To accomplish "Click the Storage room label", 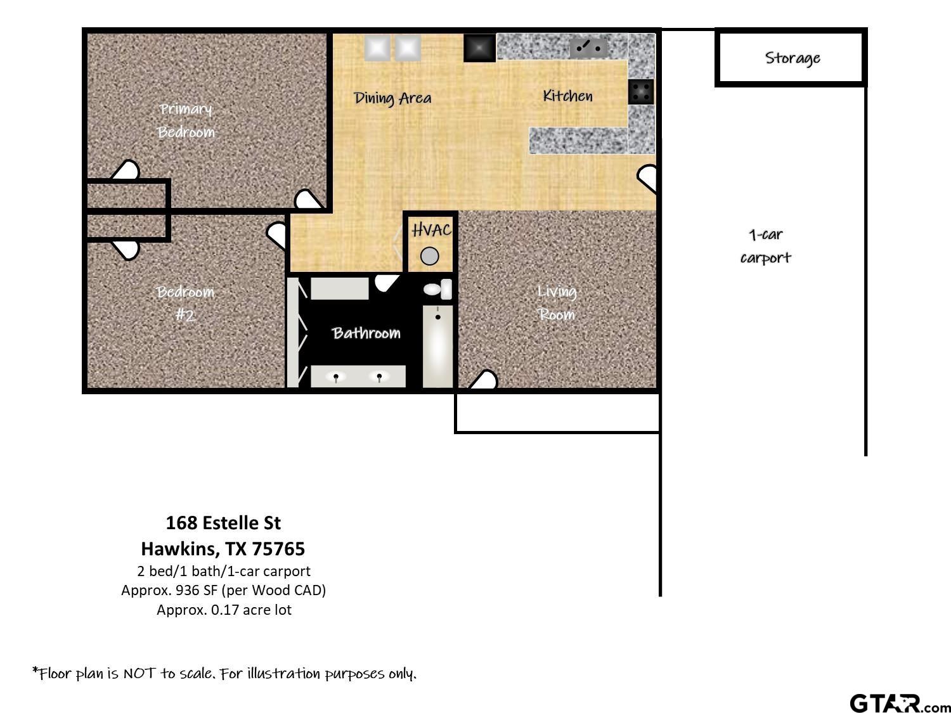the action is (792, 58).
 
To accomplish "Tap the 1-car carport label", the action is (766, 247).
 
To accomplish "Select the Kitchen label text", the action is (567, 96).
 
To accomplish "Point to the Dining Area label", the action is (392, 98).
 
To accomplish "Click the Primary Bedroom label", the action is (185, 120).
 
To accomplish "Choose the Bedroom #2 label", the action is (185, 303).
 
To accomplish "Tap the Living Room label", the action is (557, 303).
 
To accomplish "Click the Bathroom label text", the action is (366, 333).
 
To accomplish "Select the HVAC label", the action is (431, 230).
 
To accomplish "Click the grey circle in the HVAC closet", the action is (429, 256).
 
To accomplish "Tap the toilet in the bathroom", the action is (437, 289).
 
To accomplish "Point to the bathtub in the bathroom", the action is (437, 346).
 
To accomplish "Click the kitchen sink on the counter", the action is (588, 48).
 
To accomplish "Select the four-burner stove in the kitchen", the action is (641, 92).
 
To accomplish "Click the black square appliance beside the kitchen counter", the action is (479, 48).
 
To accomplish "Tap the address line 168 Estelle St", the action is (223, 523).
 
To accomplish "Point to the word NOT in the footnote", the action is (139, 673).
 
